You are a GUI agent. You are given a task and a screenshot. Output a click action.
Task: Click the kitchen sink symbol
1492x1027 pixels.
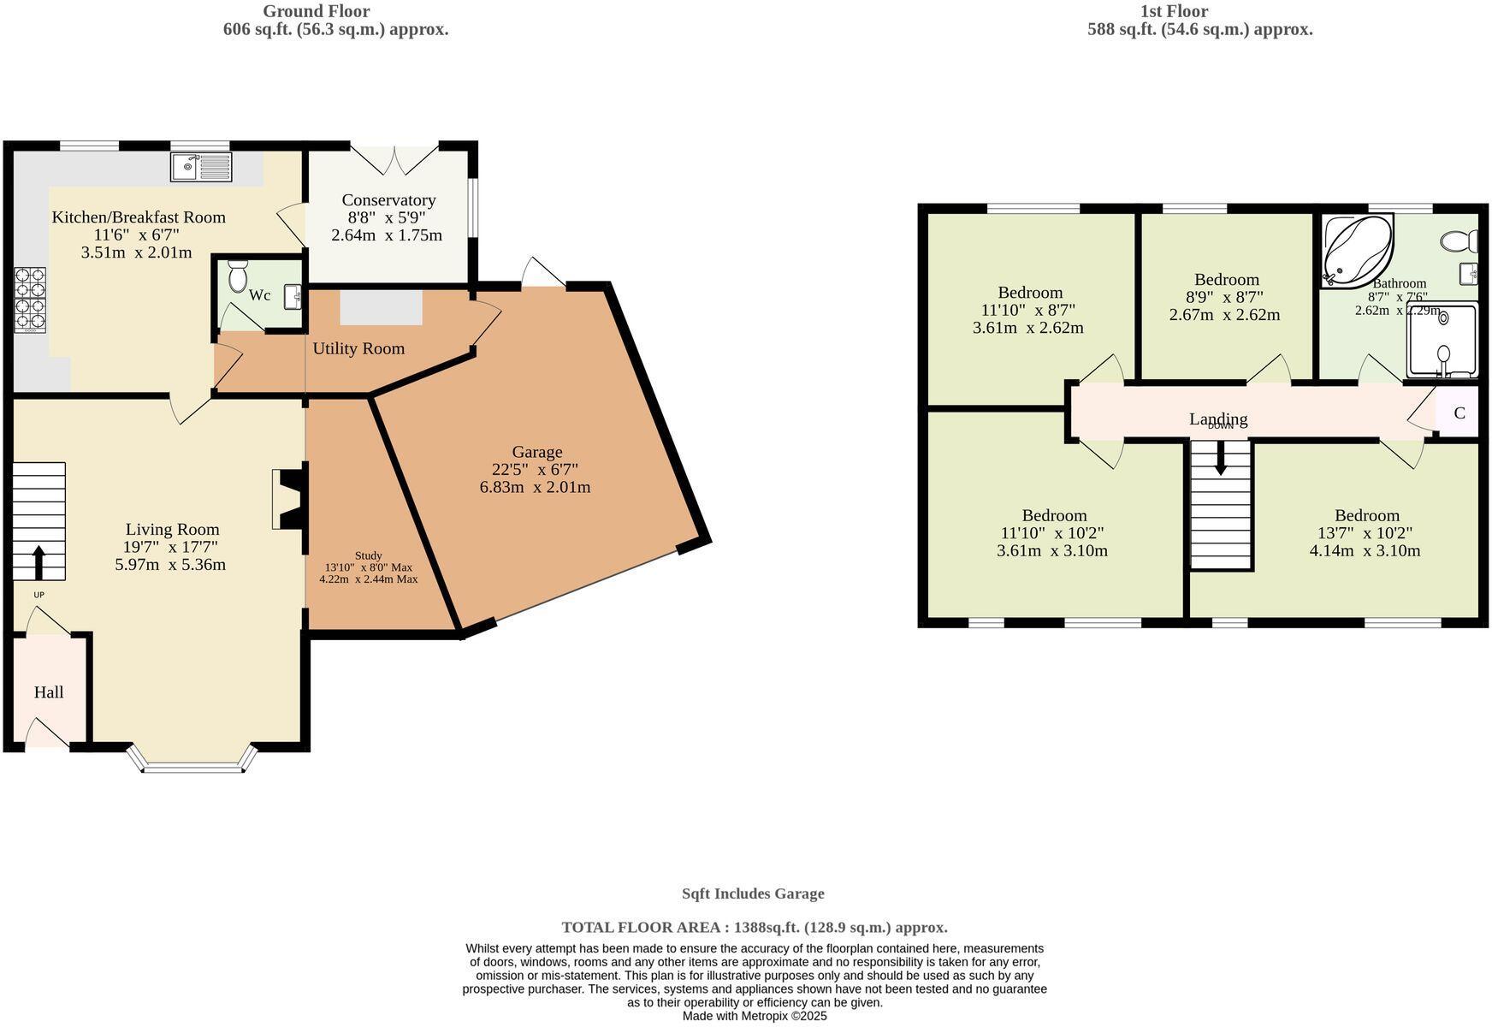201,167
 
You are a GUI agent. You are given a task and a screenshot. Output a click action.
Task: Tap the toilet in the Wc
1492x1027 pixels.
238,276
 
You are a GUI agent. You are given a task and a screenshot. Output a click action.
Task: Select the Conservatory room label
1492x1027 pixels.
388,199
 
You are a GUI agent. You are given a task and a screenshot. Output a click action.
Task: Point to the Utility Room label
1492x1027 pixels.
358,348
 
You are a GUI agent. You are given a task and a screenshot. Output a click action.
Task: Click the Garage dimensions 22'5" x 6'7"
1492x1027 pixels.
536,469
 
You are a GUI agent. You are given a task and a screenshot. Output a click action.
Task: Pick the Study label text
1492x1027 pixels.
368,555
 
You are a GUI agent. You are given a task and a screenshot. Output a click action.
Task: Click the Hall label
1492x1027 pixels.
49,692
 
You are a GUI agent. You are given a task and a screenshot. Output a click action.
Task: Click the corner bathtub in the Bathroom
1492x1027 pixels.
1358,249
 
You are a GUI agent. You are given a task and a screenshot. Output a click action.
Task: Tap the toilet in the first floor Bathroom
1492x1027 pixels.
1459,241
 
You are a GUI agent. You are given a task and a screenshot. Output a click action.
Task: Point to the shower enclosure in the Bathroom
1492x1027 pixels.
1442,341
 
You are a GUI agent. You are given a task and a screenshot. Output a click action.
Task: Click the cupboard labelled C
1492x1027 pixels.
1459,413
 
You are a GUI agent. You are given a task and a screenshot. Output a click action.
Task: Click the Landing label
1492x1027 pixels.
1218,419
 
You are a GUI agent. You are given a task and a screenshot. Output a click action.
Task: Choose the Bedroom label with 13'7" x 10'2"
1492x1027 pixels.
1367,515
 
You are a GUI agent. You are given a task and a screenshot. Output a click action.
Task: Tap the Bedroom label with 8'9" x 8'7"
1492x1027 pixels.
1227,279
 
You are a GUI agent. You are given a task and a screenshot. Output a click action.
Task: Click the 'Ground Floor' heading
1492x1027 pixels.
317,11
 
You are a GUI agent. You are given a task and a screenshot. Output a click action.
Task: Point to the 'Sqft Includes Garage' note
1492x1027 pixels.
753,893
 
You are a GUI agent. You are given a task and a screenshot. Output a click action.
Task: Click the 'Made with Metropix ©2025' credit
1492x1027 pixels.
755,1016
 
